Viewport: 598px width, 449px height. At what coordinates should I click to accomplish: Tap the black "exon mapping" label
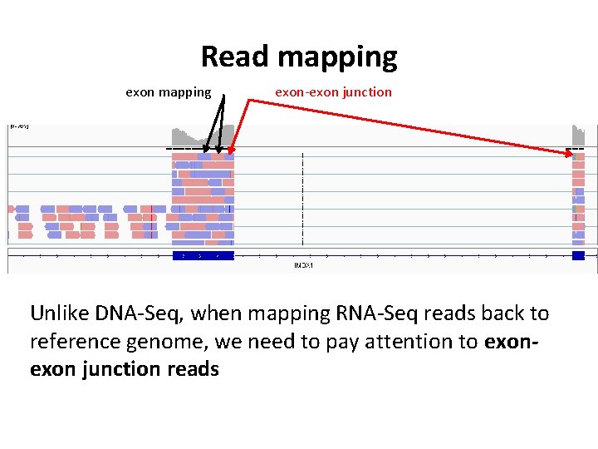pyautogui.click(x=168, y=92)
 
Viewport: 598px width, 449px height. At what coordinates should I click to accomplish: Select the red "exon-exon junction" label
pyautogui.click(x=333, y=92)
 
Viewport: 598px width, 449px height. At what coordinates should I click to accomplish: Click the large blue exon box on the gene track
pyautogui.click(x=203, y=255)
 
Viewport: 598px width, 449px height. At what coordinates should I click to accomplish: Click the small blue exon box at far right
pyautogui.click(x=579, y=255)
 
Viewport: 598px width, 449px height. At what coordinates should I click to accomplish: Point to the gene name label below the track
pyautogui.click(x=303, y=265)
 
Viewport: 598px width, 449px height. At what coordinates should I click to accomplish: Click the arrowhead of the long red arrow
pyautogui.click(x=573, y=153)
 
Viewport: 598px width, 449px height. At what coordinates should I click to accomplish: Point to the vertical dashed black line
pyautogui.click(x=303, y=200)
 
